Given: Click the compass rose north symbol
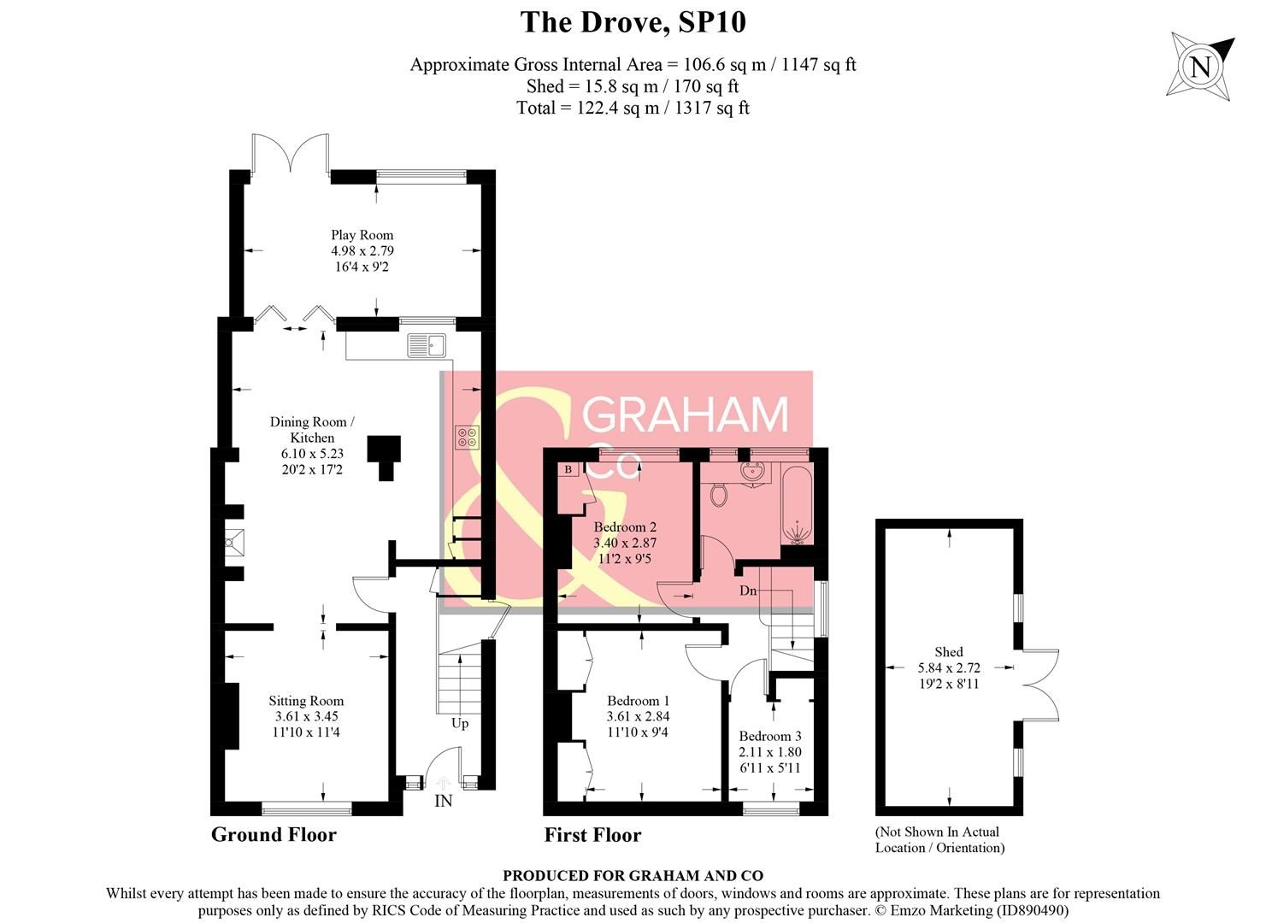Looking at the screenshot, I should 1200,66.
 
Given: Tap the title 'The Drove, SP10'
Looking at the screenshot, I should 633,22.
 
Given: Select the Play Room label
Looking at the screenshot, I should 362,235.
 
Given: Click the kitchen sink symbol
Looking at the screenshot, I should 427,345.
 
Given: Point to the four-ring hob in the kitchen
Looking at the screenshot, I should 468,437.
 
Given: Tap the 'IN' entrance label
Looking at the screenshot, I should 444,801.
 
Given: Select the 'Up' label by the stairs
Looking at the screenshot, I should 460,723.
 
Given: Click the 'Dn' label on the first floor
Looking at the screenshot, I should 748,591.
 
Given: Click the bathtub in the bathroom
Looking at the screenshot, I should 797,504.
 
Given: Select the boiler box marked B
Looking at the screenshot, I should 568,469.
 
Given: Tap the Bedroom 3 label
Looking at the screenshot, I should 770,736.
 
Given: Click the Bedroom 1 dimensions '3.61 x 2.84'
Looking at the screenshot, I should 638,716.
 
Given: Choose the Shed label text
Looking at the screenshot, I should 949,651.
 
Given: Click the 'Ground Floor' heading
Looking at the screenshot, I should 274,835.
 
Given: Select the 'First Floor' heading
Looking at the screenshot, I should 592,835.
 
